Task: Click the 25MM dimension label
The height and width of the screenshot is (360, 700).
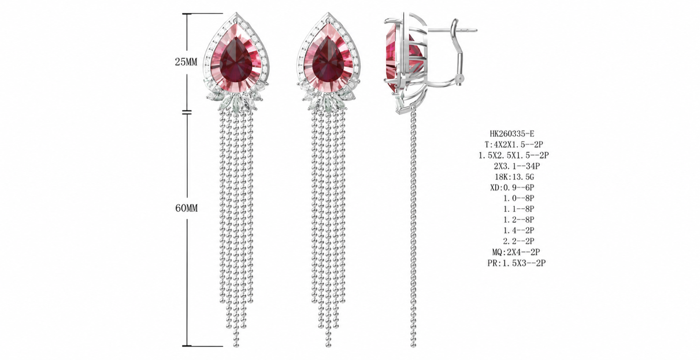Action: pos(186,62)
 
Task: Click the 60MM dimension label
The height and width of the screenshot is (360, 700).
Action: pos(186,208)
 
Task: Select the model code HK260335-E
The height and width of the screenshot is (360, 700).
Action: pos(512,134)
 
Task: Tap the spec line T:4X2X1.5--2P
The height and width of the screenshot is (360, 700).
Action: pos(514,144)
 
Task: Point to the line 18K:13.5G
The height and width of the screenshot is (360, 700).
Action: pos(514,177)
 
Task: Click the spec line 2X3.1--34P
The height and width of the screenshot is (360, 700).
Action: pos(517,166)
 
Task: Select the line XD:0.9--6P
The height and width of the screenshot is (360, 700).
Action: pos(512,188)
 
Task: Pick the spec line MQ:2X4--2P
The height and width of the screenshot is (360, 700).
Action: pos(516,252)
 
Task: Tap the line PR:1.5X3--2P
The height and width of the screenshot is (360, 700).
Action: pos(517,263)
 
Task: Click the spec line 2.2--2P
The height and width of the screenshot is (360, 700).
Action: pos(519,241)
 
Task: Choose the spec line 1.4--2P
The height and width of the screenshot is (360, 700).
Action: pos(519,230)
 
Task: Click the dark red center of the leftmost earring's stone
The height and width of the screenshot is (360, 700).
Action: pos(236,62)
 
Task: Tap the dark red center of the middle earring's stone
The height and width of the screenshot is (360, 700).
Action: pos(328,62)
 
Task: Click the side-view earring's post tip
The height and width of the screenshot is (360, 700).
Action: pos(476,30)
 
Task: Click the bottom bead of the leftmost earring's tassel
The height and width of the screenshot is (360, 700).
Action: pos(236,345)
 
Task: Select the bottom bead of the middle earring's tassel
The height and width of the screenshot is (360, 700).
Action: pos(328,345)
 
